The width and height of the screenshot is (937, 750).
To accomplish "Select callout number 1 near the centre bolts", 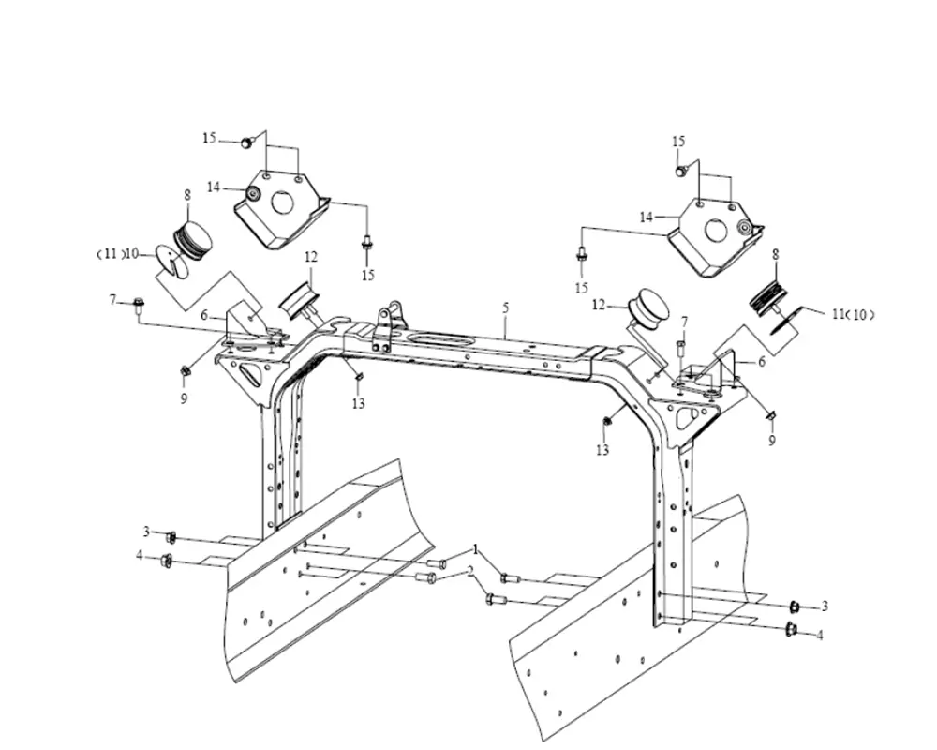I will [476, 547].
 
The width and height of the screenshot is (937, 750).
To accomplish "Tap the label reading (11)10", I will [119, 253].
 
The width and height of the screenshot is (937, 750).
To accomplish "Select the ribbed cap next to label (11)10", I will [193, 239].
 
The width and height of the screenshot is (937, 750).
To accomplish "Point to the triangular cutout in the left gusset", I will [250, 374].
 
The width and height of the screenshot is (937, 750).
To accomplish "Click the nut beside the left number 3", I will [171, 537].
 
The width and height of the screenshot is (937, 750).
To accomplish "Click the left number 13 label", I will [358, 404].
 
